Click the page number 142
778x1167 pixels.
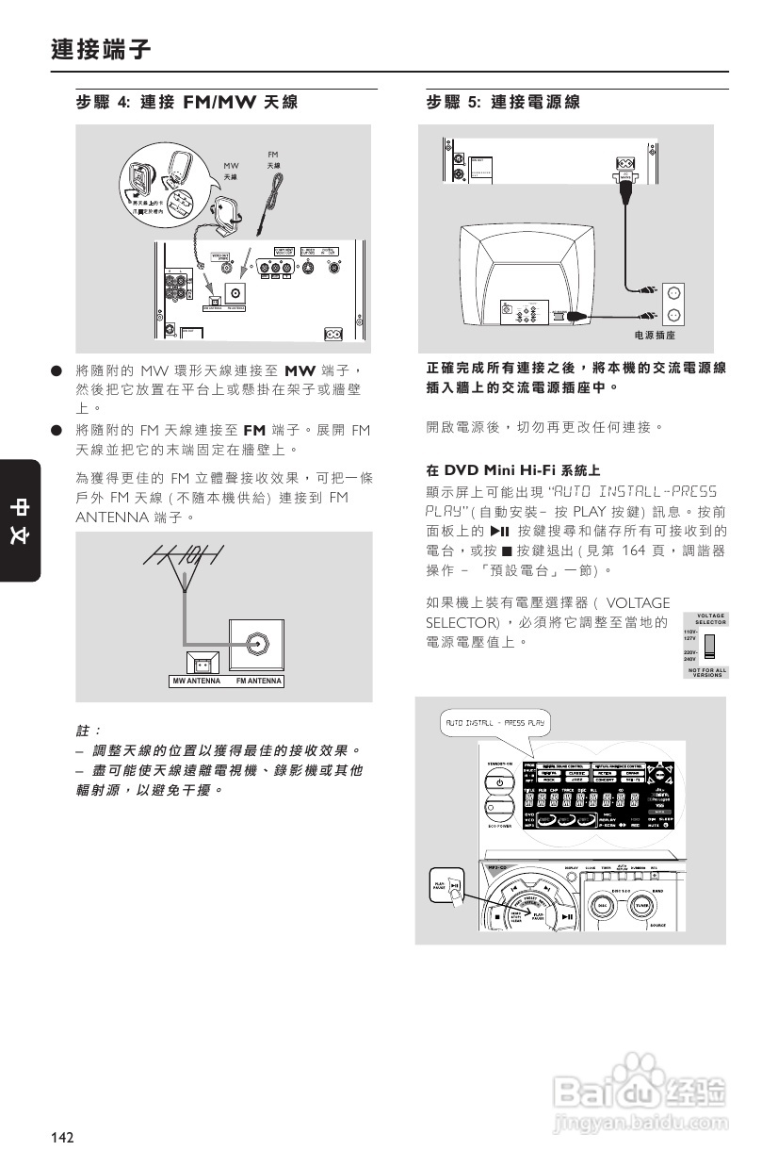tap(62, 1138)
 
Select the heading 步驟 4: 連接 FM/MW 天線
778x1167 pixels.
tap(190, 102)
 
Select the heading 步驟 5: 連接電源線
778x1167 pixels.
tap(503, 102)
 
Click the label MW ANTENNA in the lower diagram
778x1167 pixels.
tap(196, 681)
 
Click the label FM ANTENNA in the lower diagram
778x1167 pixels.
tap(259, 681)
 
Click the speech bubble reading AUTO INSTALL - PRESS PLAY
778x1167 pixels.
tap(494, 724)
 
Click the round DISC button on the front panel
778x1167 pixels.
tap(603, 904)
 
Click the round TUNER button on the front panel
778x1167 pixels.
tap(641, 904)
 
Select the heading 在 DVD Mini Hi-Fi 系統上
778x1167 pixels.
tap(513, 469)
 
